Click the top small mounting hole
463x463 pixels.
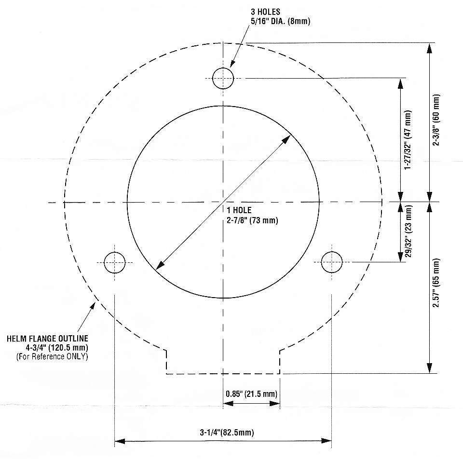pos(223,78)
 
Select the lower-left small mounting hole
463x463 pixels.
pos(115,262)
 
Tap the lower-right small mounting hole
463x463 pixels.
pos(332,262)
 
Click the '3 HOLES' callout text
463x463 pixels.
pos(265,12)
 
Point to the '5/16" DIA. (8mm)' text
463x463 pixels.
pos(281,21)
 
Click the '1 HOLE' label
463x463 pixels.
pos(239,210)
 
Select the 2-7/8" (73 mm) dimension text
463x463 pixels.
pos(252,220)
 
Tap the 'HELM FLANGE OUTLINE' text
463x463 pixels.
pos(47,339)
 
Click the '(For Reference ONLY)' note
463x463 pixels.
pos(52,356)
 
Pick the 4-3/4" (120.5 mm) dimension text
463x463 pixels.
pos(57,347)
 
